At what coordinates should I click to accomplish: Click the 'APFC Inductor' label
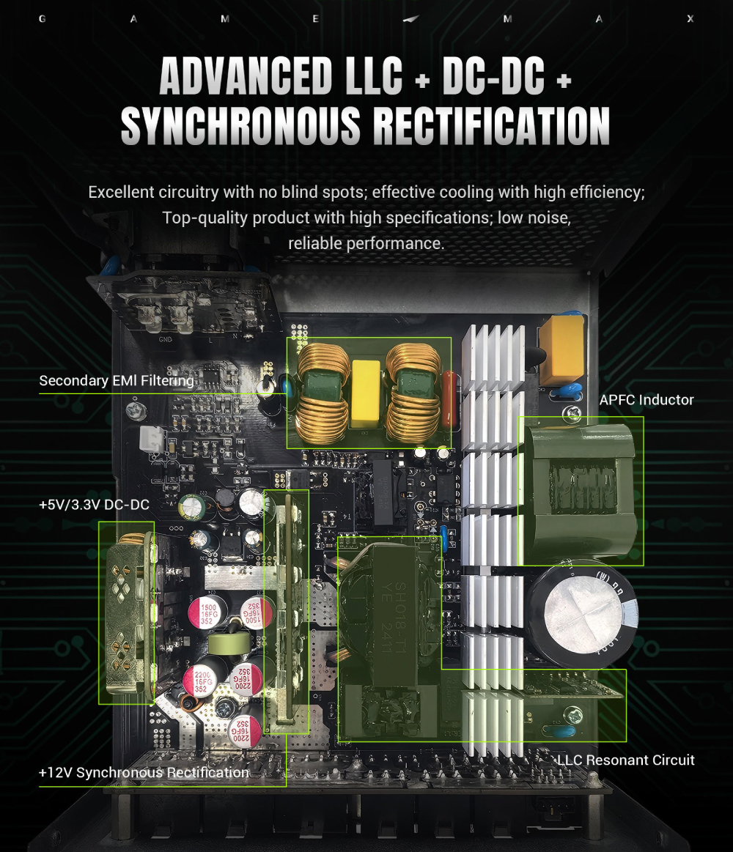pyautogui.click(x=647, y=400)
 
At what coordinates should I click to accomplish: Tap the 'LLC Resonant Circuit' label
pyautogui.click(x=626, y=760)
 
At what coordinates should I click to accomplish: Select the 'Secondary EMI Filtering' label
pyautogui.click(x=117, y=380)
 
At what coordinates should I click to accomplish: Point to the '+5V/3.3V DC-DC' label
pyautogui.click(x=94, y=504)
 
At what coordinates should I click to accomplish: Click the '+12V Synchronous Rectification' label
pyautogui.click(x=144, y=772)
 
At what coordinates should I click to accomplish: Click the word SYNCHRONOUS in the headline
pyautogui.click(x=240, y=126)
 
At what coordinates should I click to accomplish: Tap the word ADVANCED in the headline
pyautogui.click(x=246, y=75)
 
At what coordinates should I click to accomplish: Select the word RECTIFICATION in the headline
pyautogui.click(x=492, y=126)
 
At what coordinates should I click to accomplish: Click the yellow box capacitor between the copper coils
pyautogui.click(x=366, y=393)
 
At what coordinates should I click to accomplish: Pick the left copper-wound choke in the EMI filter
pyautogui.click(x=323, y=393)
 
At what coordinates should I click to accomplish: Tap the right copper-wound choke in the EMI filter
pyautogui.click(x=413, y=393)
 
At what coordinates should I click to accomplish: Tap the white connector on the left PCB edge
pyautogui.click(x=152, y=439)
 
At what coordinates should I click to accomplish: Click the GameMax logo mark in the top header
pyautogui.click(x=412, y=19)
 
